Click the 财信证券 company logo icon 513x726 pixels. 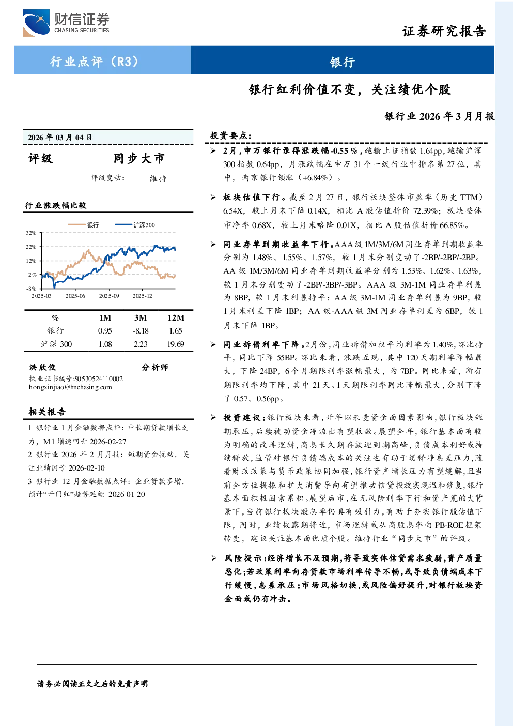point(36,23)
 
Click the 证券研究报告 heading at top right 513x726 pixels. point(444,31)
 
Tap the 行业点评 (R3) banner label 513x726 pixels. point(94,61)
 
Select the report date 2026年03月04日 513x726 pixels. point(60,138)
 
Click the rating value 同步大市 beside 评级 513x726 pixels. point(139,158)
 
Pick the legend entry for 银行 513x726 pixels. point(83,225)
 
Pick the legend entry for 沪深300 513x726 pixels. point(135,225)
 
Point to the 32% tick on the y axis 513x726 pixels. point(31,233)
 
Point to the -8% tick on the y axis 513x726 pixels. point(31,289)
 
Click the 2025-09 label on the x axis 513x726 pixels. point(109,296)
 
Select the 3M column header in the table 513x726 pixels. point(141,318)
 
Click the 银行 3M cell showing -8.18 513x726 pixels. point(141,331)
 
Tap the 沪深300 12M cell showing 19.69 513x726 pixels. point(176,344)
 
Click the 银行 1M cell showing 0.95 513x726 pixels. point(105,331)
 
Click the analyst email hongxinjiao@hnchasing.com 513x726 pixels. point(70,387)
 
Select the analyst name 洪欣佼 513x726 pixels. point(42,367)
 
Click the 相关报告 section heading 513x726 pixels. point(47,412)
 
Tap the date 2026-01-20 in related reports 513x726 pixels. point(127,494)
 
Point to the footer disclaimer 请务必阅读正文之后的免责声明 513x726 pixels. point(92,684)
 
